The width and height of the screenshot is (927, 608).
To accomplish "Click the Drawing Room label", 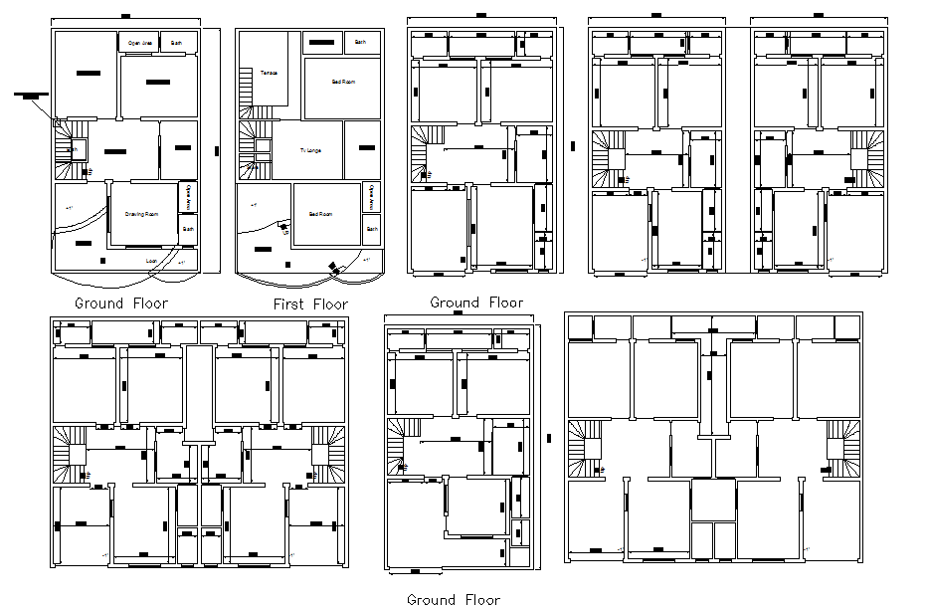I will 142,214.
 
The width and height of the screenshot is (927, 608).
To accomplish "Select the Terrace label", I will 269,74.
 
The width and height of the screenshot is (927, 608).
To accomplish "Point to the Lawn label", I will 152,261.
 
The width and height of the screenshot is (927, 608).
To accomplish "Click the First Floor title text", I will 310,304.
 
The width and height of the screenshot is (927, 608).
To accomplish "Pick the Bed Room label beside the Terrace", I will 343,82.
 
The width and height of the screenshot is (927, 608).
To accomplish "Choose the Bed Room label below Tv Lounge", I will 320,214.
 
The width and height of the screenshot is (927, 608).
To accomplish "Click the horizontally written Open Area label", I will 140,43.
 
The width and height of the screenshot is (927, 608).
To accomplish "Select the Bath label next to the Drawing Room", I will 187,229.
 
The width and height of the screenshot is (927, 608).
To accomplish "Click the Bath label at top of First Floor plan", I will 361,43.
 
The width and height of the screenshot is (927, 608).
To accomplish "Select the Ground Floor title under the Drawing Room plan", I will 121,304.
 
